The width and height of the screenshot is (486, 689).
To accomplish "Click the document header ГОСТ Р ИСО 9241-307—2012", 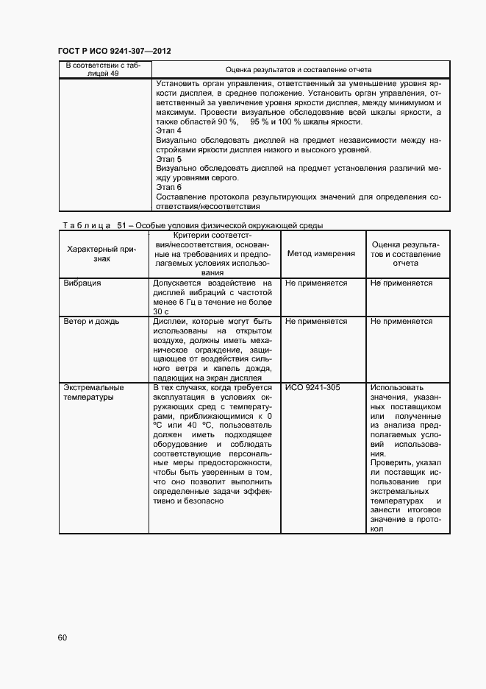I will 114,51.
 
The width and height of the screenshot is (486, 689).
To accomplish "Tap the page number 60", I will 62,637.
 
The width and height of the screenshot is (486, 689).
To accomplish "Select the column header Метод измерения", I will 321,253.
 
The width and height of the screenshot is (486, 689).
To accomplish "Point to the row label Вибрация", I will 82,283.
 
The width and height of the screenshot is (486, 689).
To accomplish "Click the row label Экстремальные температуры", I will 93,392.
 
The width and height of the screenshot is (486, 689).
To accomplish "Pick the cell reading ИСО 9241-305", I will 312,387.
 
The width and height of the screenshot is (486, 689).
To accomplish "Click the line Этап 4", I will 168,130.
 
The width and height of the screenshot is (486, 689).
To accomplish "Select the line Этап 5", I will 168,159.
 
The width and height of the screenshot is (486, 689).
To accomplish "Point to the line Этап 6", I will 168,187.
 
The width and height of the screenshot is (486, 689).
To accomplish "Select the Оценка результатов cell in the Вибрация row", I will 401,283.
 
